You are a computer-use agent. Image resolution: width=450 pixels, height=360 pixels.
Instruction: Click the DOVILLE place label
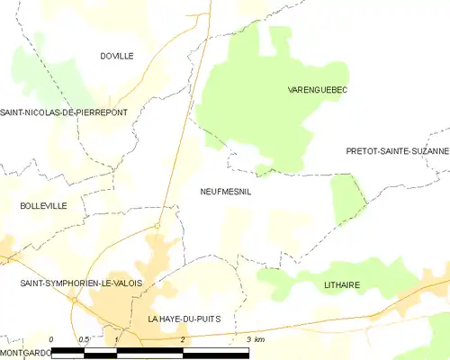pos(117,56)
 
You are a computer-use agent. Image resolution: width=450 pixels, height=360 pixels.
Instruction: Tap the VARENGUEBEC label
pos(318,90)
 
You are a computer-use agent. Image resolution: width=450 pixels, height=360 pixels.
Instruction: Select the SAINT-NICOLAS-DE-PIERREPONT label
pos(64,112)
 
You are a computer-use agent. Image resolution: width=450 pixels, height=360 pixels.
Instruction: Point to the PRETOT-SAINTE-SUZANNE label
pos(397,151)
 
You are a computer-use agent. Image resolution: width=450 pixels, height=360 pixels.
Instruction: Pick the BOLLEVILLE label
pos(43,206)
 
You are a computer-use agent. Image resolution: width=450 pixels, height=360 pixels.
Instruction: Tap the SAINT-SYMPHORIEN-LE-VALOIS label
pos(81,283)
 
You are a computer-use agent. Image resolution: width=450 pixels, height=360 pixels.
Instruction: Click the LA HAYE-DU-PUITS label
pos(184,319)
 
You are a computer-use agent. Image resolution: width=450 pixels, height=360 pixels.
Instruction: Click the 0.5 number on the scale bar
pos(83,339)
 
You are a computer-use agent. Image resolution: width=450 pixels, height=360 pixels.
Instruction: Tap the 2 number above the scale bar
pos(184,339)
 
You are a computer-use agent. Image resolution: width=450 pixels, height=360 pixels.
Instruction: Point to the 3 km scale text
pos(255,339)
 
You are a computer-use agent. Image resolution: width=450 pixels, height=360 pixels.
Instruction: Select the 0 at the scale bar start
pos(52,339)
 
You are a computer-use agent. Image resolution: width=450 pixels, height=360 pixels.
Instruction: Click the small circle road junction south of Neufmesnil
pos(157,225)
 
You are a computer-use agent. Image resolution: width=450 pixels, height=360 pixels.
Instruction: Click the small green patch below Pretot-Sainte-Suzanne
pos(347,198)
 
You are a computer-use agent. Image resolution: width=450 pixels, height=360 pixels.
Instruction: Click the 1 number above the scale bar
pos(117,339)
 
